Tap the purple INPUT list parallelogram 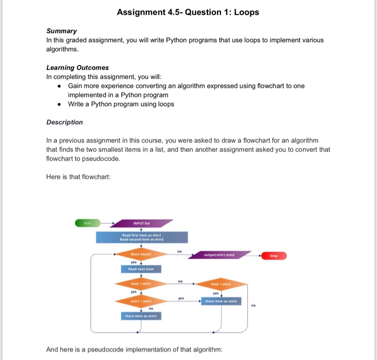click(x=143, y=222)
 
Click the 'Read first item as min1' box click(x=142, y=237)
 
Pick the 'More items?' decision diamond click(x=141, y=253)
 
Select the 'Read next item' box click(x=142, y=269)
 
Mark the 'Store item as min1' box click(x=142, y=316)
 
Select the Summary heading click(x=61, y=31)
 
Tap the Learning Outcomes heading click(x=78, y=67)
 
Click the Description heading click(x=65, y=122)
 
